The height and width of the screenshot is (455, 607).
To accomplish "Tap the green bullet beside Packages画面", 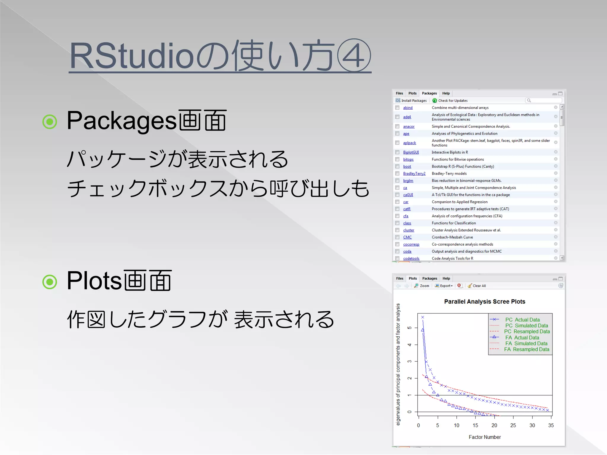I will (50, 121).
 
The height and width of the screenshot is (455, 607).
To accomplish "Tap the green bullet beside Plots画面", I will (50, 282).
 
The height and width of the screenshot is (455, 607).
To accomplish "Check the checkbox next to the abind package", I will (397, 108).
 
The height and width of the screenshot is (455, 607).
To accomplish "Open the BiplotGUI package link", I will (411, 152).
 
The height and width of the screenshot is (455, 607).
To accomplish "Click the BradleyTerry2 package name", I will (414, 174).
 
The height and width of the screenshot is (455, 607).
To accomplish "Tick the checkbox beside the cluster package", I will (397, 230).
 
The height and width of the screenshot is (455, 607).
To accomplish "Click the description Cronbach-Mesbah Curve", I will (452, 237).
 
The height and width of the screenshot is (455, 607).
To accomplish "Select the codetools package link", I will (411, 259).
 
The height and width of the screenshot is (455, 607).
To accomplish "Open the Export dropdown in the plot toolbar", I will (444, 286).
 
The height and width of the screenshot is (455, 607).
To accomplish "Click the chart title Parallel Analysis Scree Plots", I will (485, 302).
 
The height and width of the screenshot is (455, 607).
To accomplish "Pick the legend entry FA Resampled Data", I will (527, 350).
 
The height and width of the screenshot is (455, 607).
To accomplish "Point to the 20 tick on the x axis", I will (494, 425).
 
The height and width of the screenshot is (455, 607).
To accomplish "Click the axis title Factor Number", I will (485, 437).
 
